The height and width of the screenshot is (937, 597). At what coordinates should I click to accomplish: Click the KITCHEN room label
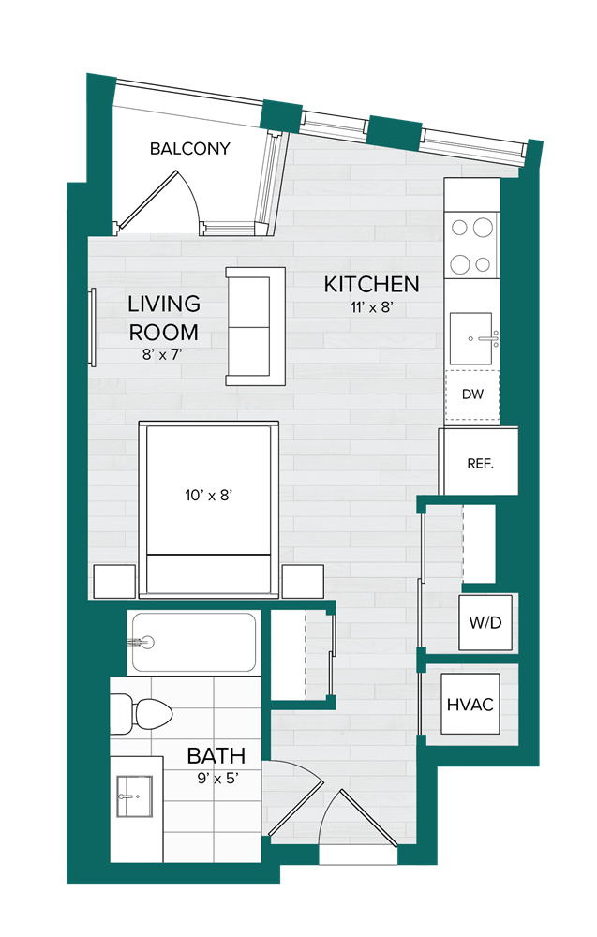371,284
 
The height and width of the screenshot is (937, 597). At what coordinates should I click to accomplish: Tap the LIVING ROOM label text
164,318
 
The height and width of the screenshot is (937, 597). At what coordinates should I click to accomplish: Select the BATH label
216,755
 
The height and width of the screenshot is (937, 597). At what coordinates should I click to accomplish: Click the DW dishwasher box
472,394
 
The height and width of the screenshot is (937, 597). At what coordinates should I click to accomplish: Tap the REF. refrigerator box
480,463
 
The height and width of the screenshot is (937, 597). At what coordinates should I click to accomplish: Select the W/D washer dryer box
485,622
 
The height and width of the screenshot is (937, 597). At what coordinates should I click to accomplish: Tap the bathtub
194,642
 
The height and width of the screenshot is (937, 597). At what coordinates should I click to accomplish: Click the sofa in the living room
254,325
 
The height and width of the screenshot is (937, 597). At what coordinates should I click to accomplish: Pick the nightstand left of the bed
113,581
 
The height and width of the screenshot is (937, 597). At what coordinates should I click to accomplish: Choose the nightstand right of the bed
303,581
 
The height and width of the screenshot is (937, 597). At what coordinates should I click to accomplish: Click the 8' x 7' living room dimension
164,354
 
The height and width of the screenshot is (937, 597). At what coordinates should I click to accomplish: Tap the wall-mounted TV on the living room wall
92,328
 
